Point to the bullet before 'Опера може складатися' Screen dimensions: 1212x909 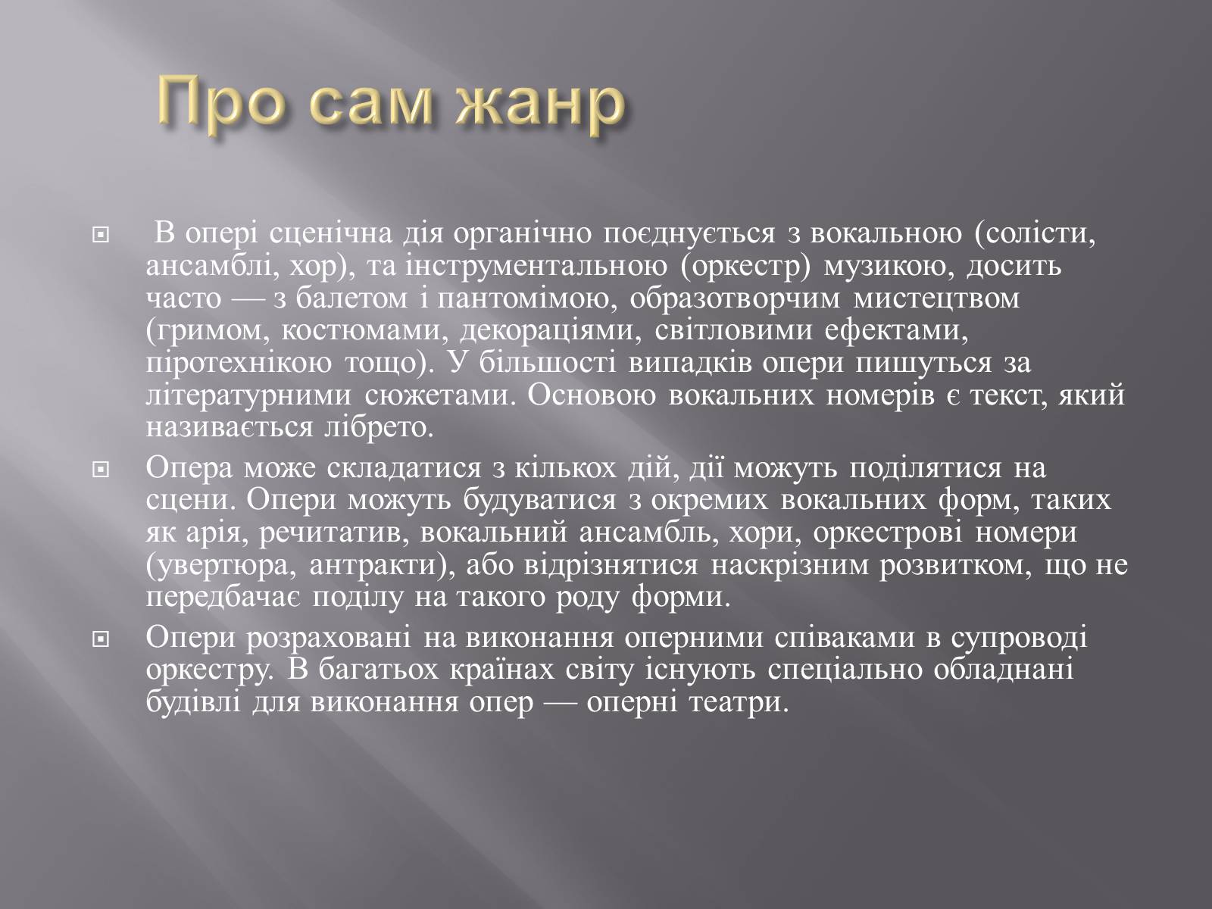pyautogui.click(x=101, y=470)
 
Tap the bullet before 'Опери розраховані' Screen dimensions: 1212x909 pyautogui.click(x=101, y=640)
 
